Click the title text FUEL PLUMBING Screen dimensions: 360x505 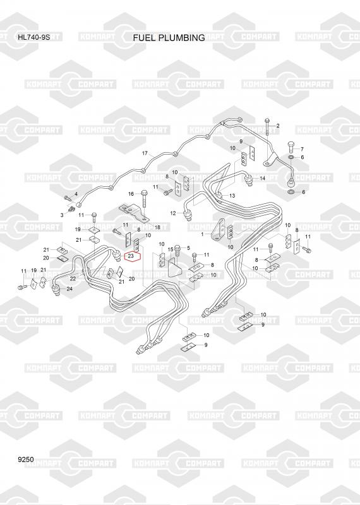tap(169, 38)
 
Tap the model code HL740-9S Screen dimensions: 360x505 tap(34, 37)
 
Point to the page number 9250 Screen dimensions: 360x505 tap(26, 460)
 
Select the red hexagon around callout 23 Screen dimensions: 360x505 tap(133, 256)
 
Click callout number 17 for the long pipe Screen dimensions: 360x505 tap(145, 153)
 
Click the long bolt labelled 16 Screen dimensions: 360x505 tap(144, 200)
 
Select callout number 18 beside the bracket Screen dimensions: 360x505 tap(157, 227)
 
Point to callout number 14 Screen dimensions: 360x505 tap(262, 178)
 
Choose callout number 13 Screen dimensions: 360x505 tap(232, 196)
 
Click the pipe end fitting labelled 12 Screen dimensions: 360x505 tap(187, 214)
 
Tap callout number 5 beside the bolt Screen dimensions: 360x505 tap(188, 247)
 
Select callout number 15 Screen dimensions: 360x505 tap(171, 249)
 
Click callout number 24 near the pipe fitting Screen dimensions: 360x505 tap(69, 288)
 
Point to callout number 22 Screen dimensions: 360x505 tap(73, 278)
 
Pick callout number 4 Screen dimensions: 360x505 tap(76, 194)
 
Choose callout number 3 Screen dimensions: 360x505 tap(62, 215)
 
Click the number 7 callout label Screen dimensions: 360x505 tap(302, 149)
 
